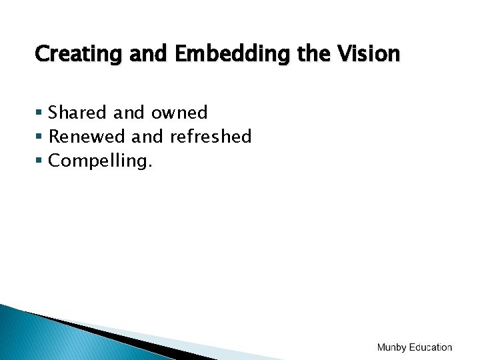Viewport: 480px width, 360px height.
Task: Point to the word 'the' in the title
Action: click(x=312, y=53)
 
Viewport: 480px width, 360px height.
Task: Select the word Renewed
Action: click(x=87, y=137)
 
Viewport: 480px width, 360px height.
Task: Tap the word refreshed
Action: click(x=211, y=137)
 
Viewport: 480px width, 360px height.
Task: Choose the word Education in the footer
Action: click(x=431, y=347)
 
